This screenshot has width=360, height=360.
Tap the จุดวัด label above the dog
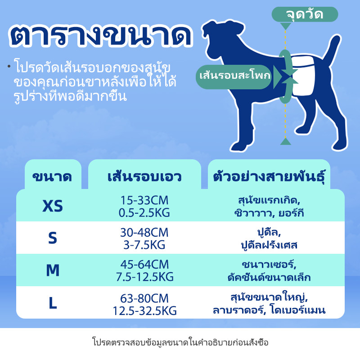click(x=305, y=14)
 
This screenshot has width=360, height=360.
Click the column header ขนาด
click(x=52, y=177)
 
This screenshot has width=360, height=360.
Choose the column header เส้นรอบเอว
click(x=144, y=177)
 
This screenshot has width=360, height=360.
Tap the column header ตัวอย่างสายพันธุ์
click(x=269, y=177)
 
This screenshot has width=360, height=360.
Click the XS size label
click(x=53, y=206)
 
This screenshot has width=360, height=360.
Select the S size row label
click(x=53, y=238)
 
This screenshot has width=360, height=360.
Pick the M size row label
click(x=53, y=270)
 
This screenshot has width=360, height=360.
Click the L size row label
click(x=53, y=303)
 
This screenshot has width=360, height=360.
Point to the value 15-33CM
click(x=144, y=200)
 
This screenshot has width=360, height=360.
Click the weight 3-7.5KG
click(x=144, y=245)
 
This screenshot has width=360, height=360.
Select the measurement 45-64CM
click(x=144, y=264)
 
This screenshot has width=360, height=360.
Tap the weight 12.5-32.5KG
click(x=144, y=311)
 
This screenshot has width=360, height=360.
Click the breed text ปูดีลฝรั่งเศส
click(x=269, y=245)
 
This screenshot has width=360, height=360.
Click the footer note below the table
click(x=180, y=342)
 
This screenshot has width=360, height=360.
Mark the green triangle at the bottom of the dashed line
click(x=286, y=141)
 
